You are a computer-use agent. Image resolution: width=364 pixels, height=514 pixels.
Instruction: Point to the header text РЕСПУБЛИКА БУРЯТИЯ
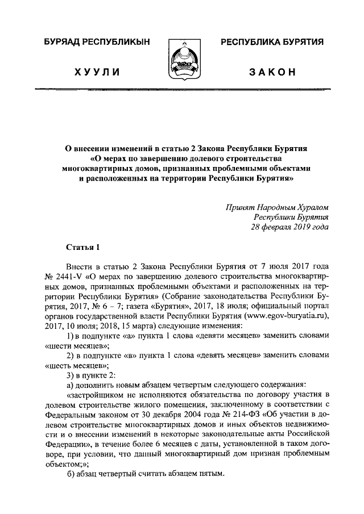pos(272,43)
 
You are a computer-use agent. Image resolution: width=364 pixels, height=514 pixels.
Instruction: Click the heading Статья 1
pos(83,246)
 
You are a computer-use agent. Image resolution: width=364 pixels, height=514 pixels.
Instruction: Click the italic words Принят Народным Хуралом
pos(278,206)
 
